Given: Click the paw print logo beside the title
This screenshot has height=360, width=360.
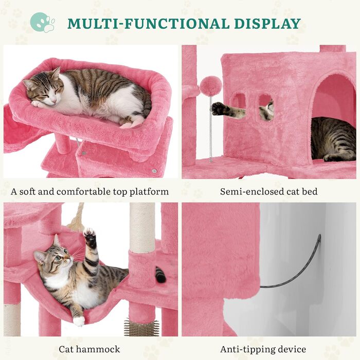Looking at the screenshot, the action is [x=43, y=23].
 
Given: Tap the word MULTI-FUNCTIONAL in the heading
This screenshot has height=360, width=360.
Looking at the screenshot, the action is [x=148, y=24].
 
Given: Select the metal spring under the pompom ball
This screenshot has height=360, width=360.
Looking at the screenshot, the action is [x=210, y=128].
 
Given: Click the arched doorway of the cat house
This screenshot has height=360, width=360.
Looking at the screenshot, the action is [x=332, y=117].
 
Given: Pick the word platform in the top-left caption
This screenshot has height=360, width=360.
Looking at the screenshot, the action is [x=149, y=192].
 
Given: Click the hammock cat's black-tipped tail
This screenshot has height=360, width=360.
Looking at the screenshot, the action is [x=160, y=275].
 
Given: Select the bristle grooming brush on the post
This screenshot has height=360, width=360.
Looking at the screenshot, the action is [x=141, y=326].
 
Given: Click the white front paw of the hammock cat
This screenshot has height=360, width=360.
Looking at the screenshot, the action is [x=79, y=321].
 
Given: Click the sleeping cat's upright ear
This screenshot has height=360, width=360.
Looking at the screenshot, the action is [x=56, y=73].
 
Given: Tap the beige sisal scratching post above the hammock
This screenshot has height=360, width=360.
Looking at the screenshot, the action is [x=142, y=227].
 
